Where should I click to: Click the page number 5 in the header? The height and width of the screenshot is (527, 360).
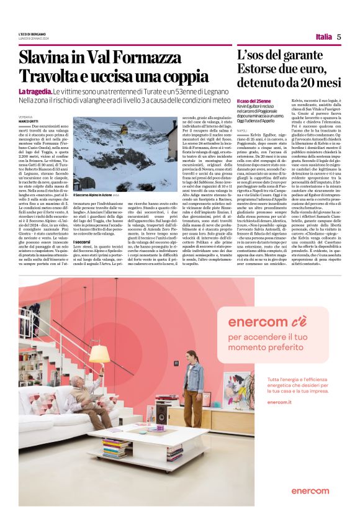[339, 37]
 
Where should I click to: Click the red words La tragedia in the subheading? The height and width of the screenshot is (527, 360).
[37, 92]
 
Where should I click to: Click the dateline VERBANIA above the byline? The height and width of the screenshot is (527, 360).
[25, 116]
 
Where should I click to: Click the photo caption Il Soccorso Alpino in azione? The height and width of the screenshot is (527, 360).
[92, 194]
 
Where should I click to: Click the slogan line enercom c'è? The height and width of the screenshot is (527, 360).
[258, 322]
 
